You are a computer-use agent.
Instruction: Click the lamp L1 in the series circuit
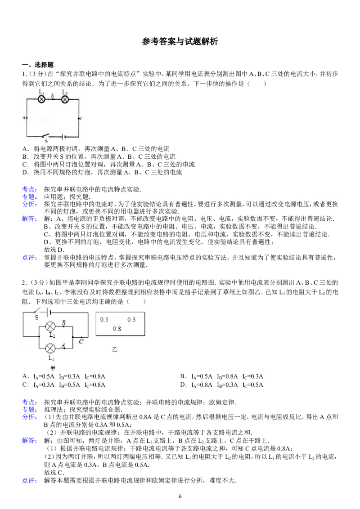pos(41,99)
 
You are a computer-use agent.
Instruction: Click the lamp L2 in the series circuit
pos(65,99)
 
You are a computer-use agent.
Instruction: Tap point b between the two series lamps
pos(53,99)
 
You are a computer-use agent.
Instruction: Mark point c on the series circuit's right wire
pos(79,119)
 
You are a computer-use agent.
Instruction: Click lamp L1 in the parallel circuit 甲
pos(50,348)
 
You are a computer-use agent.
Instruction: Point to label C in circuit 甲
pos(81,341)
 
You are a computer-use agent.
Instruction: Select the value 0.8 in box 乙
pos(117,329)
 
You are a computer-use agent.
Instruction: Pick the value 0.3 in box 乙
pos(131,320)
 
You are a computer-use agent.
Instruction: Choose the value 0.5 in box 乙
pos(104,320)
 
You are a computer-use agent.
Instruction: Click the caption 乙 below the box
pos(114,350)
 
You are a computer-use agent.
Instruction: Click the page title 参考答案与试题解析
pos(180,41)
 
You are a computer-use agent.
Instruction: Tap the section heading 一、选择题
pos(38,65)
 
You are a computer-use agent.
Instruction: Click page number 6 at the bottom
pos(180,496)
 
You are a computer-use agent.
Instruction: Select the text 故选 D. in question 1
pos(54,250)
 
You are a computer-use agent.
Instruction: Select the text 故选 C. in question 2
pos(54,473)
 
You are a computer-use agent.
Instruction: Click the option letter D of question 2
pos(183,385)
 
